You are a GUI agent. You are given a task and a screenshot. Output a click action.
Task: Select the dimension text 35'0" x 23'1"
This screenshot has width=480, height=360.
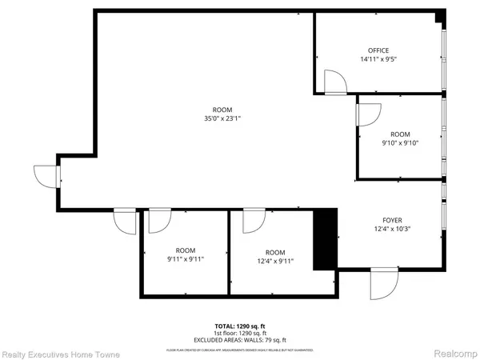(222, 118)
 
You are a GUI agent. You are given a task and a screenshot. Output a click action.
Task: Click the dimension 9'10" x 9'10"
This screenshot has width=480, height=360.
(399, 144)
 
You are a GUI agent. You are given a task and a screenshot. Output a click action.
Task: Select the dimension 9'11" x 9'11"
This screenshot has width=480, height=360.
(186, 259)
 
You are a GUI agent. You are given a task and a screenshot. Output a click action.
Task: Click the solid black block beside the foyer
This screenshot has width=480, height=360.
(324, 239)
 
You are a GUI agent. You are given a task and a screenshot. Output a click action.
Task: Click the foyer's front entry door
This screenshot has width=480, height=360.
(382, 286)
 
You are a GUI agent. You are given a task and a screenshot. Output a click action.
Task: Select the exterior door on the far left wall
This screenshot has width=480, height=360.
(45, 176)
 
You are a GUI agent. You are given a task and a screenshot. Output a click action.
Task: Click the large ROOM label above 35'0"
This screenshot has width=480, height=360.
(222, 110)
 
